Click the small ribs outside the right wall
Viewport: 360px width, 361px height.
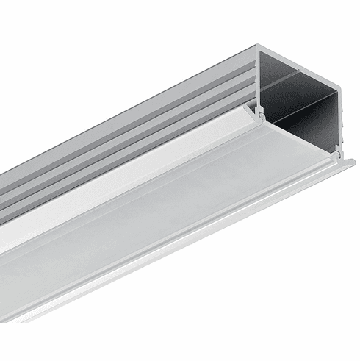coord(344,118)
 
